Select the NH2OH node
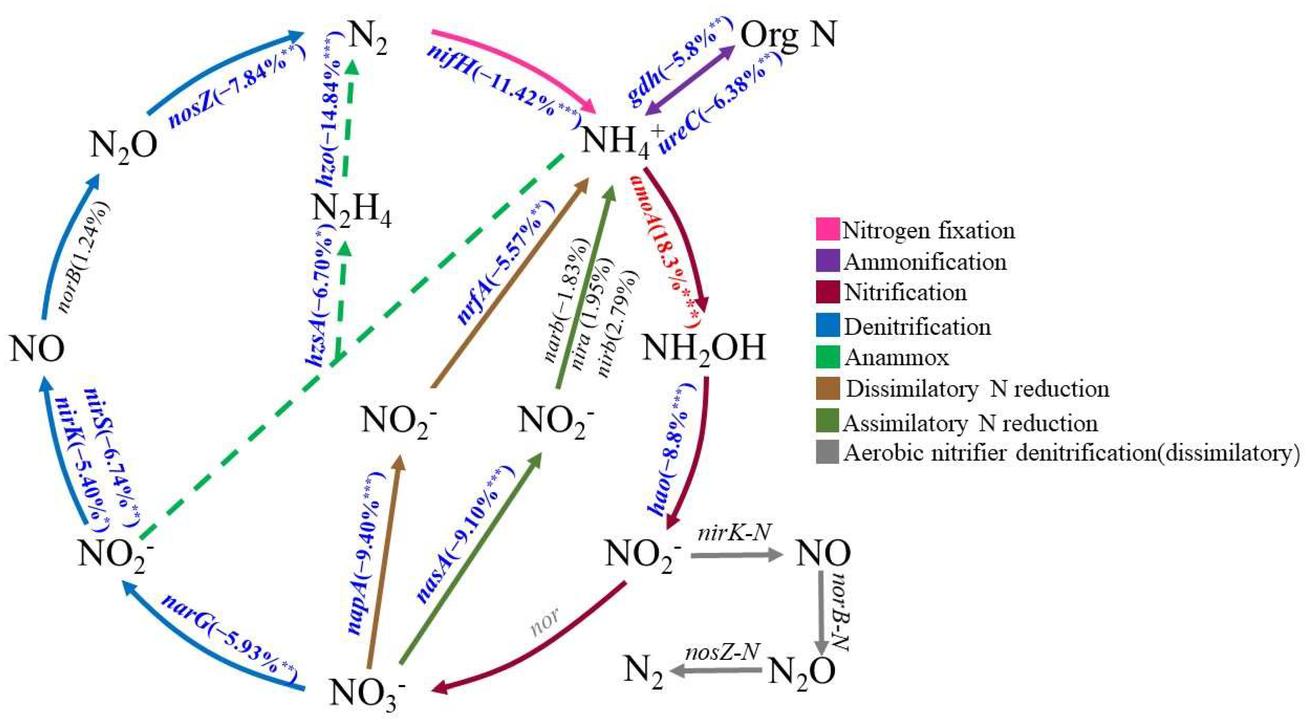(x=704, y=349)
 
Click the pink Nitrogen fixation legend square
(x=827, y=229)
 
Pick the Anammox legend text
(x=896, y=358)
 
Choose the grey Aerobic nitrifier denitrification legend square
(x=827, y=452)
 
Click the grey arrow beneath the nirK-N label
(x=735, y=556)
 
